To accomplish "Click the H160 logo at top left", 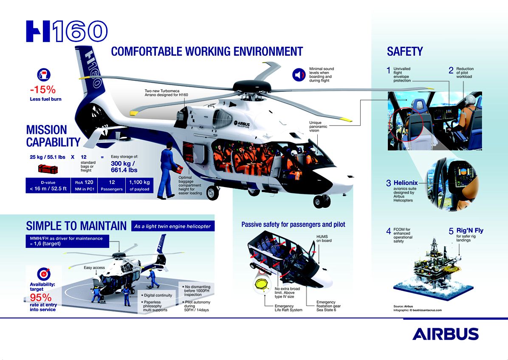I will point(66,32).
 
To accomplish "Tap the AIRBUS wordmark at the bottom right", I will point(445,334).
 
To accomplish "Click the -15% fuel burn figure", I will point(43,90).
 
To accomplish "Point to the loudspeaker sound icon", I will point(299,75).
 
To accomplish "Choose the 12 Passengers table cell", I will point(112,185).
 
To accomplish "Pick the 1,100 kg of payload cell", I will point(139,185).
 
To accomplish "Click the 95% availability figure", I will point(38,297).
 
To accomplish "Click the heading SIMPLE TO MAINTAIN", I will point(76,226).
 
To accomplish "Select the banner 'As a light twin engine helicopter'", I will point(172,226).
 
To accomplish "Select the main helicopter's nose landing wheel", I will point(321,201).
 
